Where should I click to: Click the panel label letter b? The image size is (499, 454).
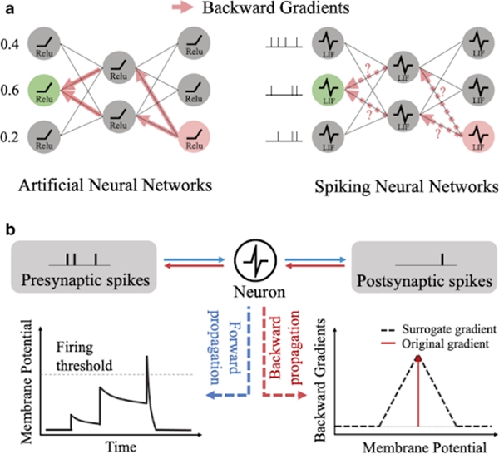(8, 225)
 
